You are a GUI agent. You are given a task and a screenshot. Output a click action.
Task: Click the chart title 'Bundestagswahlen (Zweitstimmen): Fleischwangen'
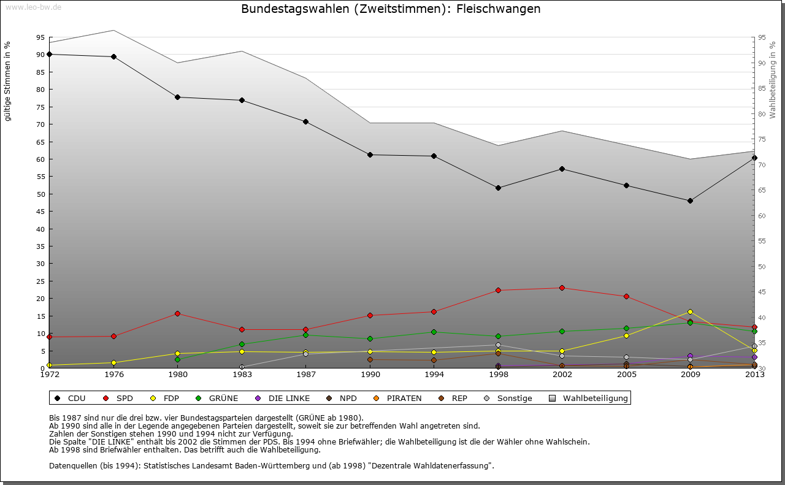click(x=391, y=9)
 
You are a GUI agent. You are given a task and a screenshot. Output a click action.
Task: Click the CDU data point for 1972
click(x=50, y=54)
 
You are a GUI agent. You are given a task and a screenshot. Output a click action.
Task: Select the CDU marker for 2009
click(x=690, y=200)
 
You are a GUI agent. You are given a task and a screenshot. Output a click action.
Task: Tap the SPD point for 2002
click(x=562, y=288)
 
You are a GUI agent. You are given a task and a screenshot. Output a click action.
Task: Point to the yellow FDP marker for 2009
click(x=690, y=311)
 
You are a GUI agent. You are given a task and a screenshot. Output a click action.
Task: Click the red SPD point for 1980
click(x=178, y=313)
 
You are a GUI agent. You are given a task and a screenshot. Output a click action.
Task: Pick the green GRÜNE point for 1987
click(x=305, y=335)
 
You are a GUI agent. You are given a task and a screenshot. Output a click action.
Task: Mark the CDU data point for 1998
click(x=498, y=188)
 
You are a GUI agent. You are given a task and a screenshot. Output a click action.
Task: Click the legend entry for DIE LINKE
click(x=289, y=399)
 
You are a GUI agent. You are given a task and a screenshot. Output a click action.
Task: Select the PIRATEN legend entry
click(x=404, y=399)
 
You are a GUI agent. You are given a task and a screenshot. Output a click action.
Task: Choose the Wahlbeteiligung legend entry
click(x=595, y=399)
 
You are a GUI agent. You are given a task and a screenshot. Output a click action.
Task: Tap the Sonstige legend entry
click(x=515, y=399)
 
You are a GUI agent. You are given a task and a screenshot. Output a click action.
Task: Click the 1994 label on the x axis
click(x=434, y=375)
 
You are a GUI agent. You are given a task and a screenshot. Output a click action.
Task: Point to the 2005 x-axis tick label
click(x=626, y=375)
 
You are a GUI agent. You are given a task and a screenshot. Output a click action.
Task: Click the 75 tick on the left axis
click(x=40, y=107)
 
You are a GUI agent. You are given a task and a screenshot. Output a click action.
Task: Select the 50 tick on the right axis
click(x=762, y=267)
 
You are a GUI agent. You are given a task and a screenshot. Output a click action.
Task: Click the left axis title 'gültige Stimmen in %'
click(x=8, y=82)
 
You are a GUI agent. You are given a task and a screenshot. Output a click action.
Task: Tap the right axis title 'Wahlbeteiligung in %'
click(x=772, y=80)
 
